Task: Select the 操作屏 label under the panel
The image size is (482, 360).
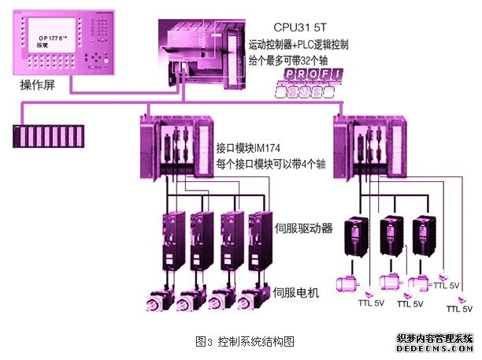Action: [36, 84]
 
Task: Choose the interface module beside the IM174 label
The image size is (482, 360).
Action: [175, 147]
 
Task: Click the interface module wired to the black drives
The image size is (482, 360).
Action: [369, 147]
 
